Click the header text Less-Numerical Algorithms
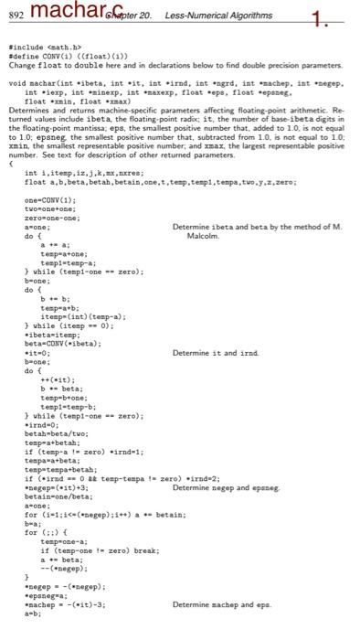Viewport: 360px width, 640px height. tap(219, 16)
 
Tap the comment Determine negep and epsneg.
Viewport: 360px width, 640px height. tap(226, 487)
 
